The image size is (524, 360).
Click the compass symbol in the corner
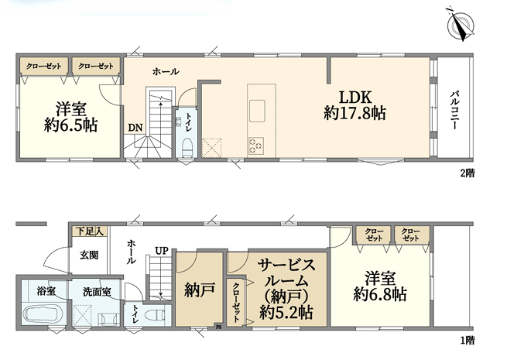pyautogui.click(x=461, y=24)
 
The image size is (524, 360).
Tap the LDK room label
pyautogui.click(x=355, y=98)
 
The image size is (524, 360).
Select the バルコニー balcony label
pyautogui.click(x=454, y=109)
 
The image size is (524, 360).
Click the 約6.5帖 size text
pyautogui.click(x=71, y=125)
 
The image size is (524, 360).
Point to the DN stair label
pyautogui.click(x=135, y=128)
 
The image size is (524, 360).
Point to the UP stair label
pyautogui.click(x=162, y=251)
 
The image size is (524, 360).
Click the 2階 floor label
pyautogui.click(x=467, y=173)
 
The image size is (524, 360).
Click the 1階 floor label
pyautogui.click(x=467, y=341)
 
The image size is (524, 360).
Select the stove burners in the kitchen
pyautogui.click(x=256, y=146)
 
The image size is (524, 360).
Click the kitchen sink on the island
pyautogui.click(x=257, y=111)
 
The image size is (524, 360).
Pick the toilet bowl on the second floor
pyautogui.click(x=188, y=148)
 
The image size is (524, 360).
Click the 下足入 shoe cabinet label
pyautogui.click(x=90, y=231)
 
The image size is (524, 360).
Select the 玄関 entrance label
pyautogui.click(x=89, y=255)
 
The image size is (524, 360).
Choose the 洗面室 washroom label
pyautogui.click(x=97, y=292)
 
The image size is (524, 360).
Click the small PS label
pyautogui.click(x=218, y=327)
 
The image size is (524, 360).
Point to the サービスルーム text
pyautogui.click(x=286, y=273)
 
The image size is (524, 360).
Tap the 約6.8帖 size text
pyautogui.click(x=380, y=294)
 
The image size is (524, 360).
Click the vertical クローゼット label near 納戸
pyautogui.click(x=236, y=303)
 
